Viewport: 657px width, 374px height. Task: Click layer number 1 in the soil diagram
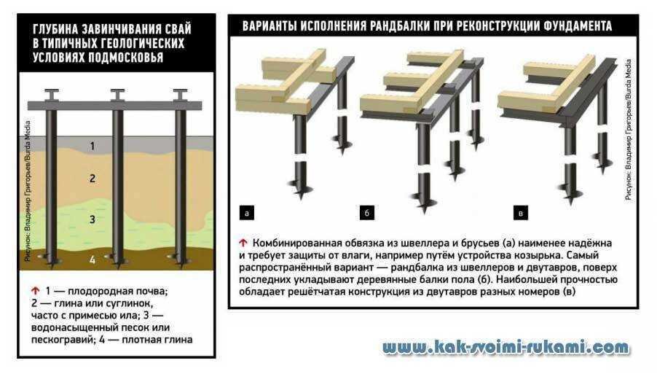tap(92, 147)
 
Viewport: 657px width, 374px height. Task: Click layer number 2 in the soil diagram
tap(92, 178)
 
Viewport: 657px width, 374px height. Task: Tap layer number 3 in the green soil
tap(92, 219)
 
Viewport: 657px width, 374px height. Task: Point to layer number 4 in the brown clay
tap(92, 259)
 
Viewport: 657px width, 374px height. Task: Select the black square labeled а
tap(246, 214)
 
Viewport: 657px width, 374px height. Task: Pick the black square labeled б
tap(368, 214)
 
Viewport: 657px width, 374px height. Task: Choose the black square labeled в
tap(520, 214)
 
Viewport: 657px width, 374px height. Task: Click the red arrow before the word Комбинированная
tap(243, 242)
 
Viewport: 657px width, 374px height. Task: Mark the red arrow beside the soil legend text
tap(35, 290)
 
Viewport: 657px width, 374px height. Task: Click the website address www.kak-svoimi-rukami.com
tap(505, 348)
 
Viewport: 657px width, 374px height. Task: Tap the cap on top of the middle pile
tap(117, 94)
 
